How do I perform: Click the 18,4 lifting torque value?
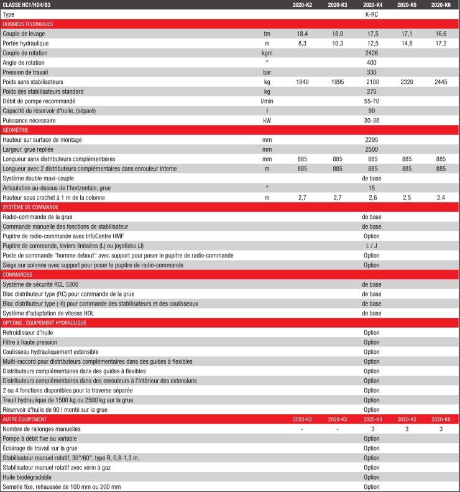(x=302, y=34)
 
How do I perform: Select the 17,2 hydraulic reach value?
(x=441, y=43)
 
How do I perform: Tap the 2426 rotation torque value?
(x=372, y=53)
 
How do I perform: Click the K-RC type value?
(x=372, y=14)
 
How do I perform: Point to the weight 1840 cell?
(x=302, y=81)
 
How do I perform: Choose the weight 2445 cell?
(x=441, y=81)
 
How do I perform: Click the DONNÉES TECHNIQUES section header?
(x=28, y=24)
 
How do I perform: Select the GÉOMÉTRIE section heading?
(x=16, y=130)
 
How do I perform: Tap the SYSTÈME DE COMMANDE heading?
(x=31, y=207)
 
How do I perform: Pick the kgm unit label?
(x=267, y=53)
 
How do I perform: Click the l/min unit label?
(x=267, y=101)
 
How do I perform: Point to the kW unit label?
(x=267, y=120)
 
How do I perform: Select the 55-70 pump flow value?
(x=372, y=101)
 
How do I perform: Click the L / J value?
(x=372, y=246)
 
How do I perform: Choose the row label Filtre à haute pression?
(x=30, y=342)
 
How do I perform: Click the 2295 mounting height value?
(x=372, y=140)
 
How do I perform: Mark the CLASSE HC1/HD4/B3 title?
(x=27, y=4)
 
